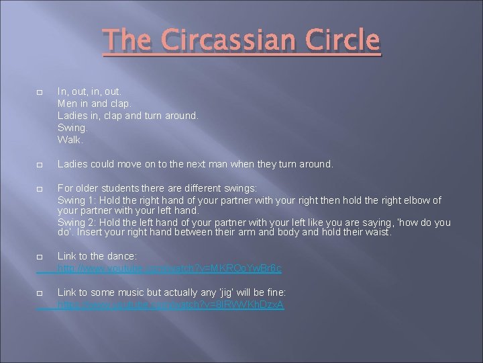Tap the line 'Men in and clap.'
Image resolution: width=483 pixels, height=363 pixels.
(95, 104)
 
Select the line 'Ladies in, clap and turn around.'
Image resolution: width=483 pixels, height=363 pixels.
(128, 116)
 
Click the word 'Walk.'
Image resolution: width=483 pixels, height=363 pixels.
(70, 140)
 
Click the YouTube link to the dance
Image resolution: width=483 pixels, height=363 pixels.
(170, 268)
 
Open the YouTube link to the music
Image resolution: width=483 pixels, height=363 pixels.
(171, 305)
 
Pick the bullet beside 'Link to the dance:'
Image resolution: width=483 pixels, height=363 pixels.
(40, 257)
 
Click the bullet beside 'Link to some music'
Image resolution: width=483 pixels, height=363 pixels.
(40, 294)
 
